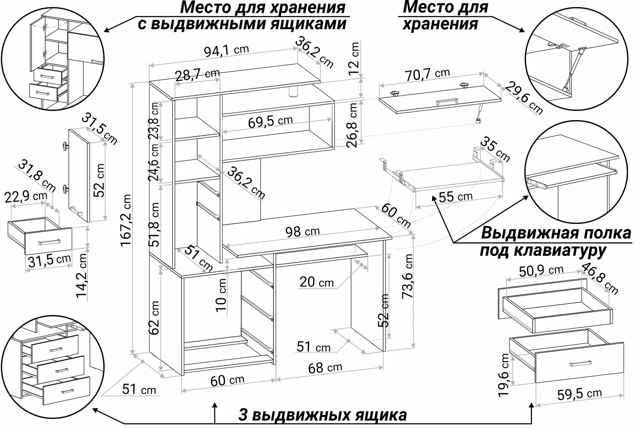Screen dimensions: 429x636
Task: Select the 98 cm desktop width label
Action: (x=302, y=231)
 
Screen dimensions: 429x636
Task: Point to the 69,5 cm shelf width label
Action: (x=270, y=121)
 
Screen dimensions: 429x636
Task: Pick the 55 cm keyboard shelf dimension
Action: (x=455, y=197)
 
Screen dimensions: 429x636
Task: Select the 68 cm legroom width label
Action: (x=325, y=368)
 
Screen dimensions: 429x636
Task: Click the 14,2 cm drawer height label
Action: (x=82, y=276)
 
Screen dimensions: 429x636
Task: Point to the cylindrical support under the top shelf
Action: (x=293, y=92)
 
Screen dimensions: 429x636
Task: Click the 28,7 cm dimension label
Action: (x=197, y=75)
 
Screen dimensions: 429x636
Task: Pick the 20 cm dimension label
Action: (x=317, y=282)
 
